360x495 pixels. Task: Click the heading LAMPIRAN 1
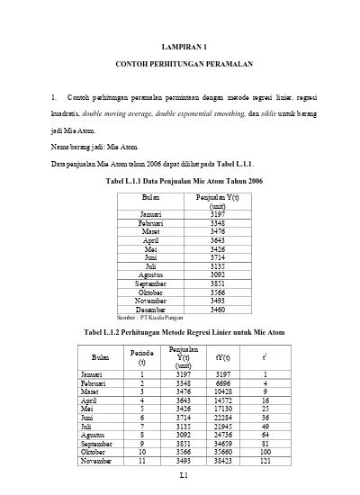[184, 45]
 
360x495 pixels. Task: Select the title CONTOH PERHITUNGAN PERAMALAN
[184, 66]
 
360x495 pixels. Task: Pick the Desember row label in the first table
[150, 334]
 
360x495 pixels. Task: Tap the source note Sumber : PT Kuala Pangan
[145, 343]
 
